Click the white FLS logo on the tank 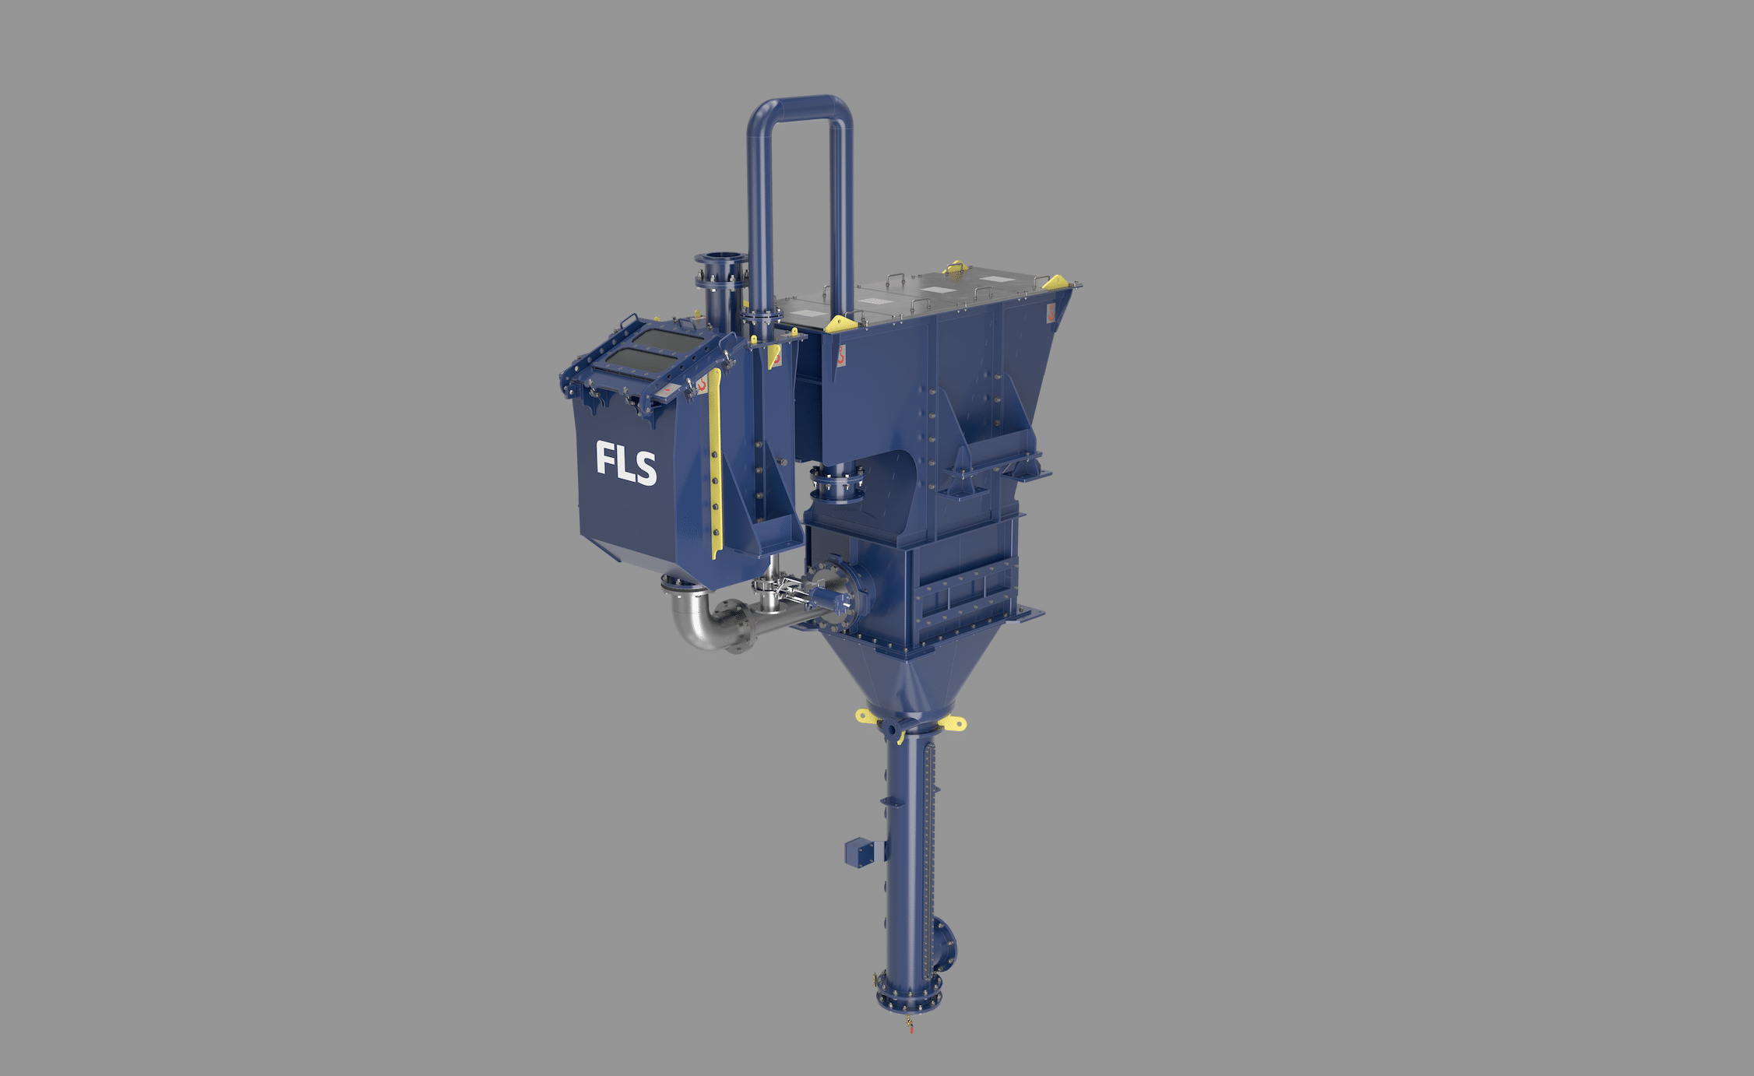click(x=625, y=462)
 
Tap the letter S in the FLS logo click(x=645, y=468)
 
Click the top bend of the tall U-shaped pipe click(x=801, y=106)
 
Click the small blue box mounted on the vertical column click(x=858, y=853)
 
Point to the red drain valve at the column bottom click(x=909, y=1024)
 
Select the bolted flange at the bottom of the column click(x=907, y=998)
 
